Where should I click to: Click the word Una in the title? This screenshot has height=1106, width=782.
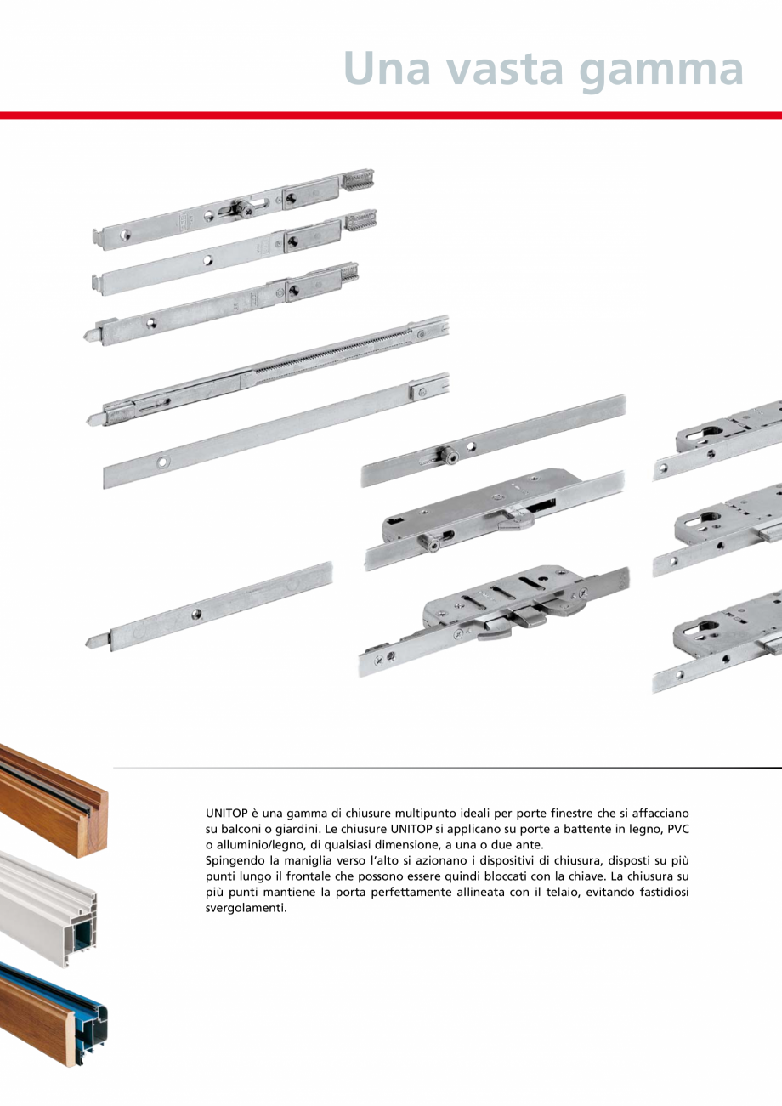pos(393,69)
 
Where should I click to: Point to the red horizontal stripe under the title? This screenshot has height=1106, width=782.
pos(391,115)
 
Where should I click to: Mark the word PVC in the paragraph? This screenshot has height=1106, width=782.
pos(677,829)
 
